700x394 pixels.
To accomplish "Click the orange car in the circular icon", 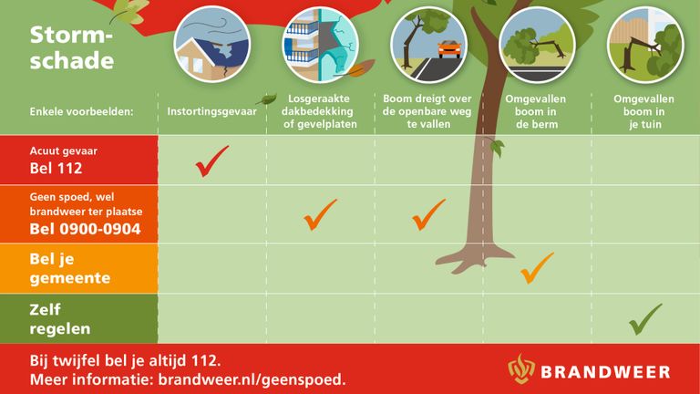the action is (449, 48).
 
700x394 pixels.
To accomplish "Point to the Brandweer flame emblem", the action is (521, 368).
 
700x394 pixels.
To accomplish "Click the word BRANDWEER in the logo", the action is (605, 372).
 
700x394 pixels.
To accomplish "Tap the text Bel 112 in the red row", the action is (56, 169).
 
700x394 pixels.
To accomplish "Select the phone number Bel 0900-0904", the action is (85, 229).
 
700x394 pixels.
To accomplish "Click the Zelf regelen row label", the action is (60, 319).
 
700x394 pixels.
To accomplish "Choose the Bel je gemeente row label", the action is (69, 268).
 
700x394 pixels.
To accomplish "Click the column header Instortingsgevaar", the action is (211, 111).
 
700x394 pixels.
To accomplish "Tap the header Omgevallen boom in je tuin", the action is (643, 111).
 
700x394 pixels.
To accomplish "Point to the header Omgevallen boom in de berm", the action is (536, 111).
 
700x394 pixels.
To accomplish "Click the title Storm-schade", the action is (71, 47).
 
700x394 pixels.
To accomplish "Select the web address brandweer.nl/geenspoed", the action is (252, 379).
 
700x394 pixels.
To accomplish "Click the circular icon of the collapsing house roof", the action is (212, 45).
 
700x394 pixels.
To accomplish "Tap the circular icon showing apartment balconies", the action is (320, 45).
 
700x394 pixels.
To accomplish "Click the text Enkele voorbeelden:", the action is (81, 111).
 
